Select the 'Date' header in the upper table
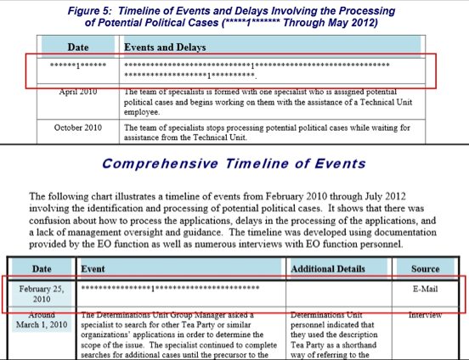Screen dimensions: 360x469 coord(77,46)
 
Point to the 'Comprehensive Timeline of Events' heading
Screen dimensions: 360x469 coord(234,164)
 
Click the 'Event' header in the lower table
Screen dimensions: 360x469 coord(93,267)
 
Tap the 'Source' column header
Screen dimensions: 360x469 coord(426,267)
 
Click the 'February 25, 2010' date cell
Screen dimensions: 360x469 coord(36,294)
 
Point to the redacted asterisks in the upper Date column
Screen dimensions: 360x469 coord(77,65)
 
